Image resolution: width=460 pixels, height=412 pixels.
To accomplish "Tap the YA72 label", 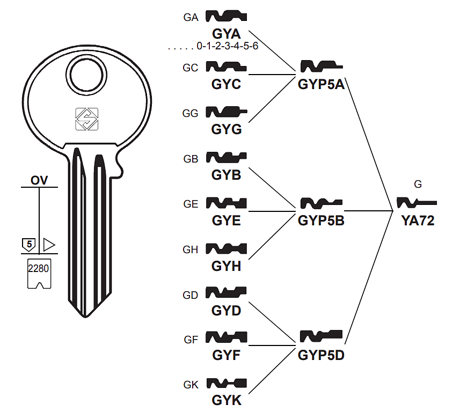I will pyautogui.click(x=417, y=220).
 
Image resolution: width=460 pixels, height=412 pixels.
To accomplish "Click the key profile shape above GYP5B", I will pyautogui.click(x=322, y=203).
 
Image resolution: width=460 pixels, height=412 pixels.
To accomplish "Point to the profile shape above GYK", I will pyautogui.click(x=227, y=383).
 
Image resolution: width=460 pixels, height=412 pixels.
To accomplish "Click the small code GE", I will pyautogui.click(x=191, y=204).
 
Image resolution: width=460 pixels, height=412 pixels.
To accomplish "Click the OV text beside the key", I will pyautogui.click(x=39, y=180).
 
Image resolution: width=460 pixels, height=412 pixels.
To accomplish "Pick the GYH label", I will pyautogui.click(x=226, y=266).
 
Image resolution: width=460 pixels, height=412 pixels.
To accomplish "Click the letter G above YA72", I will pyautogui.click(x=418, y=185).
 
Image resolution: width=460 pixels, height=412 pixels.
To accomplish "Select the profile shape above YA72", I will pyautogui.click(x=417, y=203).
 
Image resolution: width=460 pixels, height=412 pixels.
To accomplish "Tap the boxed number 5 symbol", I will pyautogui.click(x=30, y=245).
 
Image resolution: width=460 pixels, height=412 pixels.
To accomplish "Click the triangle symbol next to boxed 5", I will pyautogui.click(x=49, y=245).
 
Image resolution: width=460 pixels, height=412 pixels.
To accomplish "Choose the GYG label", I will pyautogui.click(x=226, y=129).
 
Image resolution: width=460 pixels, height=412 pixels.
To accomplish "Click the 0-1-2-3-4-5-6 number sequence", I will pyautogui.click(x=228, y=47).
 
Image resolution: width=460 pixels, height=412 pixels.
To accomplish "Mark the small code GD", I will pyautogui.click(x=191, y=295).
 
